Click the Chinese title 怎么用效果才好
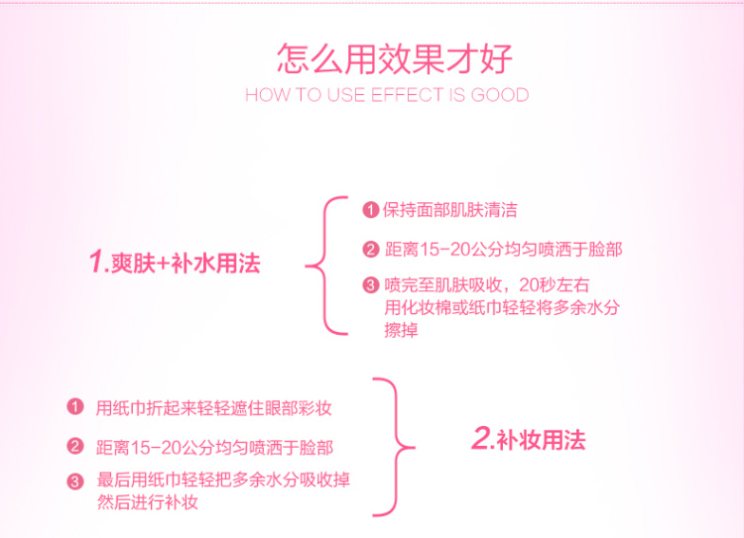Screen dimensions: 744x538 [x=395, y=58]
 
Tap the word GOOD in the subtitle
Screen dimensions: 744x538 [x=500, y=95]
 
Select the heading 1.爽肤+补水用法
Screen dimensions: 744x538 [x=175, y=263]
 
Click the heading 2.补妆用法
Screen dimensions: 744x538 [x=529, y=439]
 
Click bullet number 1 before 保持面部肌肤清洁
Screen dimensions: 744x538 [x=371, y=209]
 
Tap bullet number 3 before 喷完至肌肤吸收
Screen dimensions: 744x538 [x=371, y=285]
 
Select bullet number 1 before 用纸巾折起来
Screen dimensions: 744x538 [x=75, y=406]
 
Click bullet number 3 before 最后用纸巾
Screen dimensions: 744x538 [x=75, y=482]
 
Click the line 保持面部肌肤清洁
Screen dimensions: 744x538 [x=449, y=210]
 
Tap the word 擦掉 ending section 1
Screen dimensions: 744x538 [x=401, y=330]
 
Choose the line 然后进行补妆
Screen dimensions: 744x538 [x=148, y=502]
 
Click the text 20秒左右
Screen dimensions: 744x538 [x=555, y=285]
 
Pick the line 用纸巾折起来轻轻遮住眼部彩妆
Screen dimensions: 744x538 [x=213, y=408]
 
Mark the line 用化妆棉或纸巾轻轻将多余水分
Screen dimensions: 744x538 [x=502, y=307]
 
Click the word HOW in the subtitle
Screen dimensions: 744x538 [x=267, y=95]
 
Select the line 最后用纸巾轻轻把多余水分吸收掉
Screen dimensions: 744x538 [x=223, y=480]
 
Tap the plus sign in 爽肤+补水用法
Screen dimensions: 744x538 [x=163, y=264]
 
